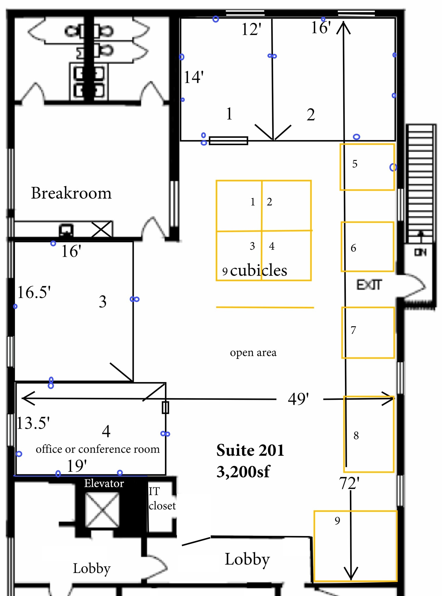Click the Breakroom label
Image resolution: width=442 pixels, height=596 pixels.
[x=71, y=193]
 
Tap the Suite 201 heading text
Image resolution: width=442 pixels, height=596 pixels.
[x=250, y=450]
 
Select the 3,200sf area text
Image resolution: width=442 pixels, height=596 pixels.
[x=243, y=472]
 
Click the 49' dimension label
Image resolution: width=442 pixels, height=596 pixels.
[x=298, y=399]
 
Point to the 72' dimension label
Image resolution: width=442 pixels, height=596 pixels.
[x=349, y=483]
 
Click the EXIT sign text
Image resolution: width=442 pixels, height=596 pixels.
[x=369, y=285]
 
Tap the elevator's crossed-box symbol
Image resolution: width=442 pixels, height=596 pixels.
[x=102, y=510]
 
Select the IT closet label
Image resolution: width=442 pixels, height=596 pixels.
[x=162, y=499]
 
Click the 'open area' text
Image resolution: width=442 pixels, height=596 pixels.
[x=253, y=352]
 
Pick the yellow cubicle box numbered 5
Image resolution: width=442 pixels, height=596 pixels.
[x=340, y=167]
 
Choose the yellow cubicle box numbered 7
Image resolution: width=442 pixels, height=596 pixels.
[x=342, y=332]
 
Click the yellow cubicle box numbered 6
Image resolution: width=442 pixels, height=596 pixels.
[x=342, y=247]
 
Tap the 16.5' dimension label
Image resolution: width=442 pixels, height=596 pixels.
[x=34, y=292]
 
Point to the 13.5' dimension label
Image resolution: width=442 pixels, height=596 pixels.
[x=33, y=423]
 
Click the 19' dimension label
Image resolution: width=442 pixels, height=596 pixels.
[x=77, y=466]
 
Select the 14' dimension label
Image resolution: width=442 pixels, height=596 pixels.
[x=194, y=77]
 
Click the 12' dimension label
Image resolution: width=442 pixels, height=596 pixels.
[x=251, y=29]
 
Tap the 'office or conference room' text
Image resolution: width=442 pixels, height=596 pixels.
[x=98, y=449]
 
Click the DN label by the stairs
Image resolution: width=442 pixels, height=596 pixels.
[x=420, y=252]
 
